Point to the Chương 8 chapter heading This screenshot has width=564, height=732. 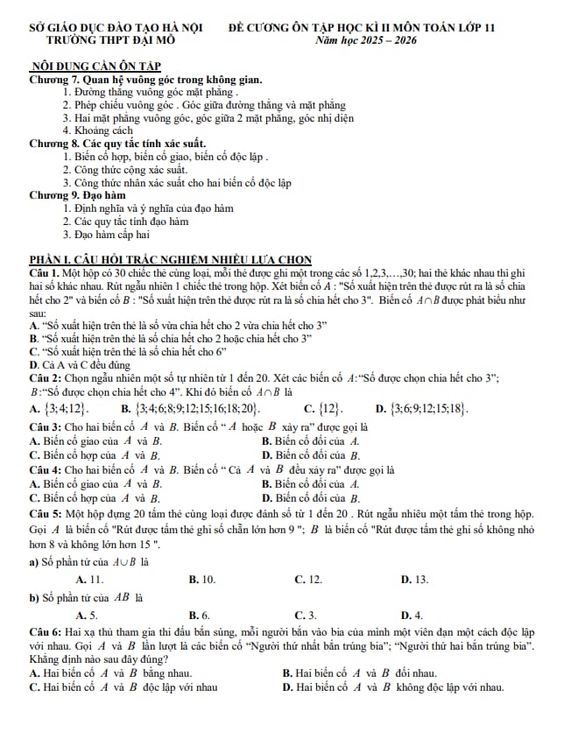117,143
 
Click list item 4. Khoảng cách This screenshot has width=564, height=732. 103,130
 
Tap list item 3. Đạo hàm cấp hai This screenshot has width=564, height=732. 112,234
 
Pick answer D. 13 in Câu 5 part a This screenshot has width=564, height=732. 414,579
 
